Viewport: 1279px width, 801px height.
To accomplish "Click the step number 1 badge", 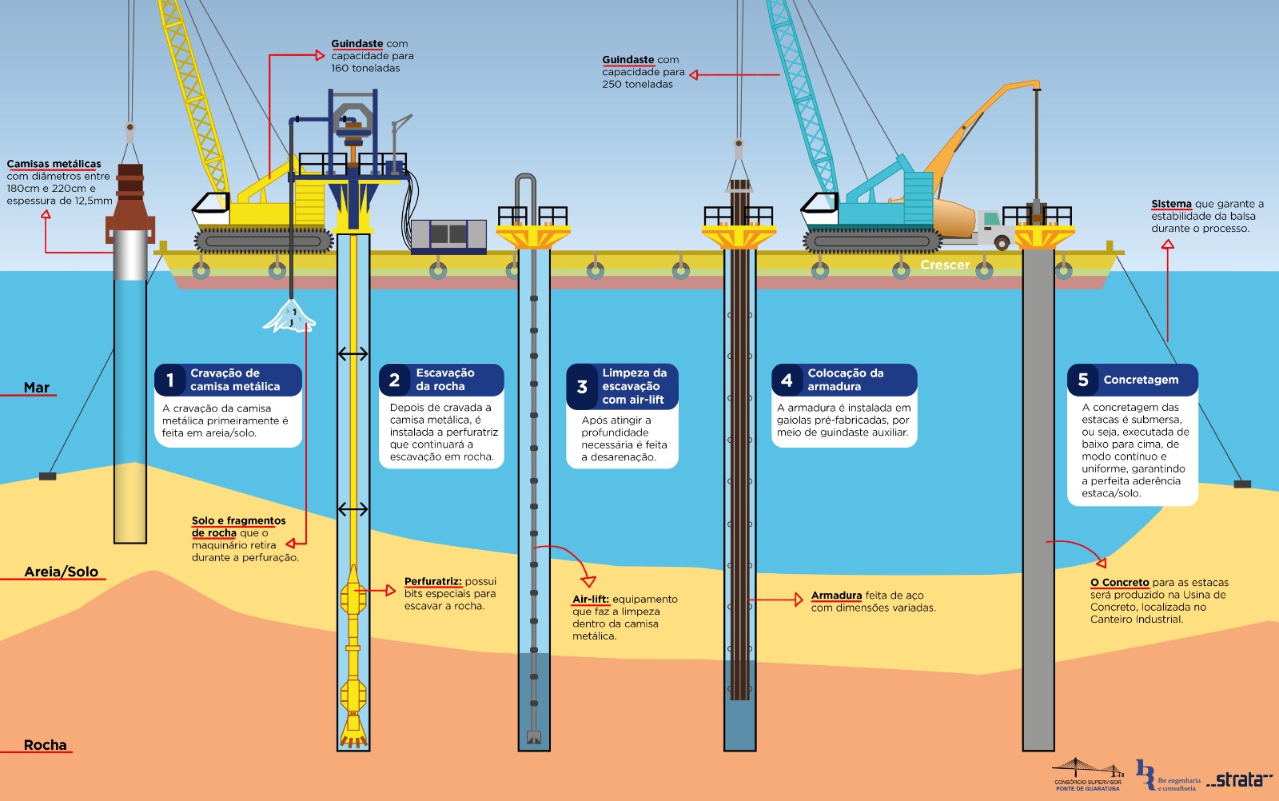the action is pos(169,380).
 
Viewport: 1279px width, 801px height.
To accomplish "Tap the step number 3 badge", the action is pos(581,387).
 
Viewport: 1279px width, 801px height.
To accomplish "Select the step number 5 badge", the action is pos(1082,380).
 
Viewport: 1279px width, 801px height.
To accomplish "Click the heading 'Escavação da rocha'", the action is pos(445,380).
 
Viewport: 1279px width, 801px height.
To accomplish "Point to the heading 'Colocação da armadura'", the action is pos(845,380).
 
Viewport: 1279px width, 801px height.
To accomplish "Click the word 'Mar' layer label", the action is pos(37,388).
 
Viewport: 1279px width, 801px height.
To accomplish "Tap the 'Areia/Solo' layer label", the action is pos(61,572).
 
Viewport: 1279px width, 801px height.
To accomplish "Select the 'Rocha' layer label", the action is pos(45,745).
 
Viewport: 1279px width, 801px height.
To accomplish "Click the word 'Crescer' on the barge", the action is pos(945,265).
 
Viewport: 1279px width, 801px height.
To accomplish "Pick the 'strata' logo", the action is pos(1240,779).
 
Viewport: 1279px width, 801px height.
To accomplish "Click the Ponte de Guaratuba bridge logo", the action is pos(1088,775).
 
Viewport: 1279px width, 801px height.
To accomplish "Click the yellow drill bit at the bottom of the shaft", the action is pos(353,730).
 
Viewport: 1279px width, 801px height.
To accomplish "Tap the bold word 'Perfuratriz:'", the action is pos(432,581).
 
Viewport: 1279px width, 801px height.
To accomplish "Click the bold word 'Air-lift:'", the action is pos(591,600).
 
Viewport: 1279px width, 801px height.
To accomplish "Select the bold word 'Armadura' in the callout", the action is pos(836,596).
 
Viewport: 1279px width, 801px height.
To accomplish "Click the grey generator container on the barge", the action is pos(448,236).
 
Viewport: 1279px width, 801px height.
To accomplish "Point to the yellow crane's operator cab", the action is pos(211,210).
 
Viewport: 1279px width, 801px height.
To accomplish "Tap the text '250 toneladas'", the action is pos(637,85).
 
